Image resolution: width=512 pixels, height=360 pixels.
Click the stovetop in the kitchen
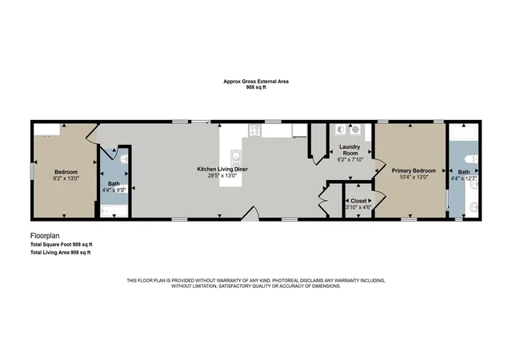point(255,130)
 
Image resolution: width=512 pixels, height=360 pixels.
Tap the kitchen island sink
point(236,157)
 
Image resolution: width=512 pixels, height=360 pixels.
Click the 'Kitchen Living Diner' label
point(222,170)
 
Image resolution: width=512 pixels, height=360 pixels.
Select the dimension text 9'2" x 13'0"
point(66,178)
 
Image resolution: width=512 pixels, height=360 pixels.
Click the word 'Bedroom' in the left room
point(66,172)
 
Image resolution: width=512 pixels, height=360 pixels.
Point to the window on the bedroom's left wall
point(32,171)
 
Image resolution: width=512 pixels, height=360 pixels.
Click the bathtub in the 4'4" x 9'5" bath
point(114,211)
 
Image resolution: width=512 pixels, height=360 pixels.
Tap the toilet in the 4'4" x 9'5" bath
point(125,160)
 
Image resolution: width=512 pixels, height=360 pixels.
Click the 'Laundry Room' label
point(350,150)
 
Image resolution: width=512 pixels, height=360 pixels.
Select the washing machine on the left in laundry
point(341,130)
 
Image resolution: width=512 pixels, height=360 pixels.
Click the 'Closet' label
point(358,201)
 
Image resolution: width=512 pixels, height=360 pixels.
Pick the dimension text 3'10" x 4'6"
point(358,207)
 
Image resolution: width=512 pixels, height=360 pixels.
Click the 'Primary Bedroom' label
point(414,171)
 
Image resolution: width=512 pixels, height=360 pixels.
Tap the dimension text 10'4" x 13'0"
point(414,177)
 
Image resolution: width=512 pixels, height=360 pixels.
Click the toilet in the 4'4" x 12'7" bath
point(471,159)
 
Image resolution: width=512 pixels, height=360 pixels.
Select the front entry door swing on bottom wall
point(250,214)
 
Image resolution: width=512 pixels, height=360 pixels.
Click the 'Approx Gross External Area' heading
point(256,82)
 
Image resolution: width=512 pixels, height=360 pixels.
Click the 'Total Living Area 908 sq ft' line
point(61,253)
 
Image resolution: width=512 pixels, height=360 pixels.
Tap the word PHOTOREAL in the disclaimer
point(286,281)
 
